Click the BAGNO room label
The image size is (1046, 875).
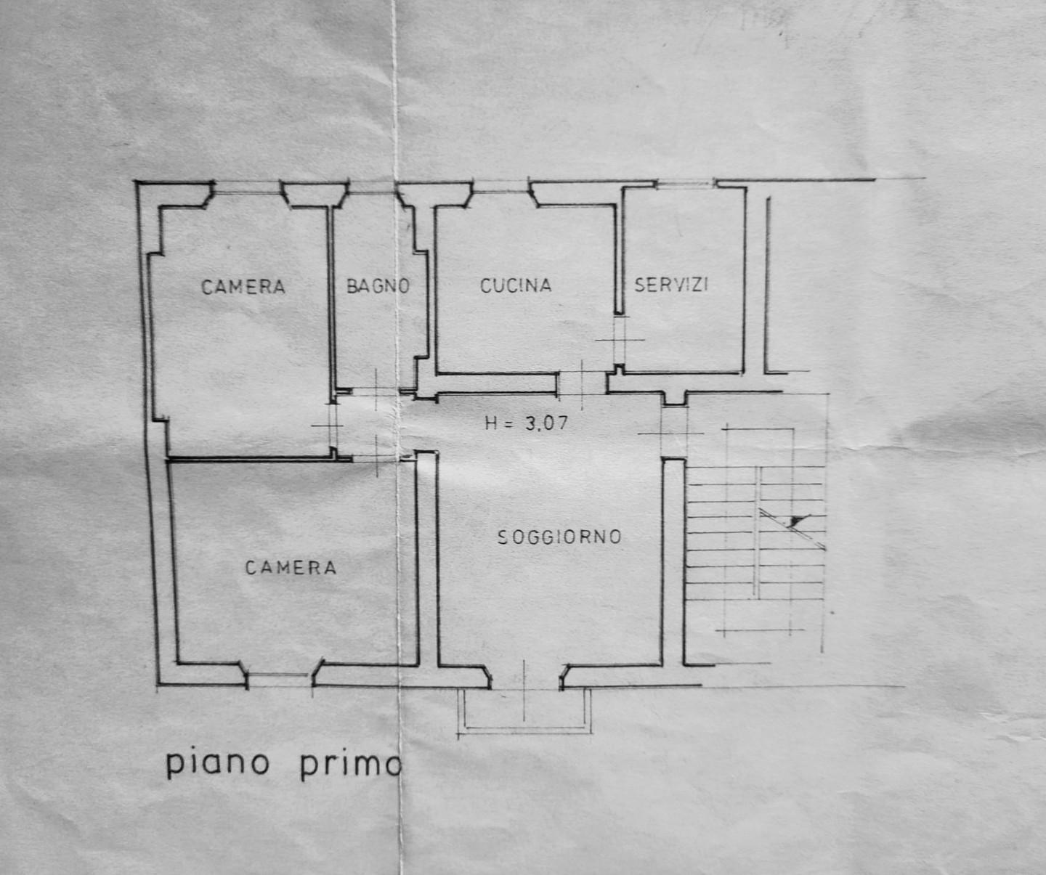(378, 285)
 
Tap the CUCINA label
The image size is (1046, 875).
(516, 285)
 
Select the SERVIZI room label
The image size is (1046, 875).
(671, 285)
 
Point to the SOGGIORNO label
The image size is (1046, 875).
(559, 537)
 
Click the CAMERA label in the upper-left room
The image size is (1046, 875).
(243, 287)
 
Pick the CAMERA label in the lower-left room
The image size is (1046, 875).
(291, 567)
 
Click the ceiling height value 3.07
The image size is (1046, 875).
(546, 423)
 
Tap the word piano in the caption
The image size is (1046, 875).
(218, 765)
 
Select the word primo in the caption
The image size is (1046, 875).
(351, 765)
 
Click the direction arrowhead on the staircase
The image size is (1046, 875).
(798, 521)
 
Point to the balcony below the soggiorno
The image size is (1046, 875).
(524, 710)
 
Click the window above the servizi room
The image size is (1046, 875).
(686, 184)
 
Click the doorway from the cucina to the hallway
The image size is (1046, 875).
(582, 383)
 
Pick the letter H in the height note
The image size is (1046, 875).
(491, 424)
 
